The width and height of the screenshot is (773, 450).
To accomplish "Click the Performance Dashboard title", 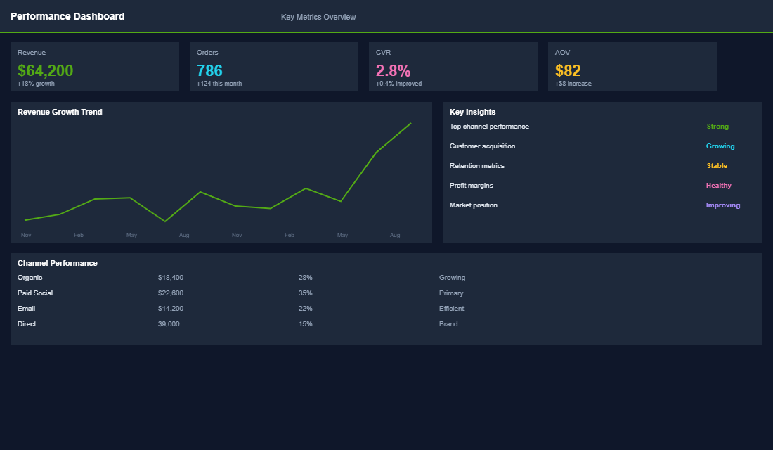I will tap(67, 16).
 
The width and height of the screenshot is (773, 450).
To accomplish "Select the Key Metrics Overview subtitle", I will tap(318, 17).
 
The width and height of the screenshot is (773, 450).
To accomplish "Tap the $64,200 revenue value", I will tap(46, 70).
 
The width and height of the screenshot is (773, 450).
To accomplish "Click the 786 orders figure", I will tap(209, 70).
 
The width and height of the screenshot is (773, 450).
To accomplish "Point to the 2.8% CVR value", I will tap(393, 70).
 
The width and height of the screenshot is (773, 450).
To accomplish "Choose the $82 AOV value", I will tap(568, 70).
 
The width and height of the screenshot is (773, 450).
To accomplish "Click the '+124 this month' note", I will tap(219, 84).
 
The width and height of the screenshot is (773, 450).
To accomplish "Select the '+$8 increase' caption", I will tap(573, 84).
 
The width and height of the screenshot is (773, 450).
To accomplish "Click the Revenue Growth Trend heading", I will tap(60, 112).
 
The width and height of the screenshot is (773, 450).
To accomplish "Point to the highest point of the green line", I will tap(410, 123).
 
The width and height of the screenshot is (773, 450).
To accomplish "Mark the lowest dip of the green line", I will tap(165, 221).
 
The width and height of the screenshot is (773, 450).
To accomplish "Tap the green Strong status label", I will tap(717, 127).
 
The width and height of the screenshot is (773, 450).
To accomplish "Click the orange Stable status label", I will tap(717, 166).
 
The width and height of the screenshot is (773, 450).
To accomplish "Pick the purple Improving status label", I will tap(723, 205).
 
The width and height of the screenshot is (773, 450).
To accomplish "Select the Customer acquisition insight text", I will tap(482, 146).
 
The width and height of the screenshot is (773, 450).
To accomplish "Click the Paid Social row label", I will tap(35, 293).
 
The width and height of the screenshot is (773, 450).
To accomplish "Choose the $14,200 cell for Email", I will tap(171, 309).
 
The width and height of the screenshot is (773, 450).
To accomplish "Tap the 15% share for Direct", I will tap(305, 324).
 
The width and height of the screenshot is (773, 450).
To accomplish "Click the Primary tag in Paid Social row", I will tap(451, 293).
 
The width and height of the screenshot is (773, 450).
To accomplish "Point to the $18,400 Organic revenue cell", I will tap(171, 278).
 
